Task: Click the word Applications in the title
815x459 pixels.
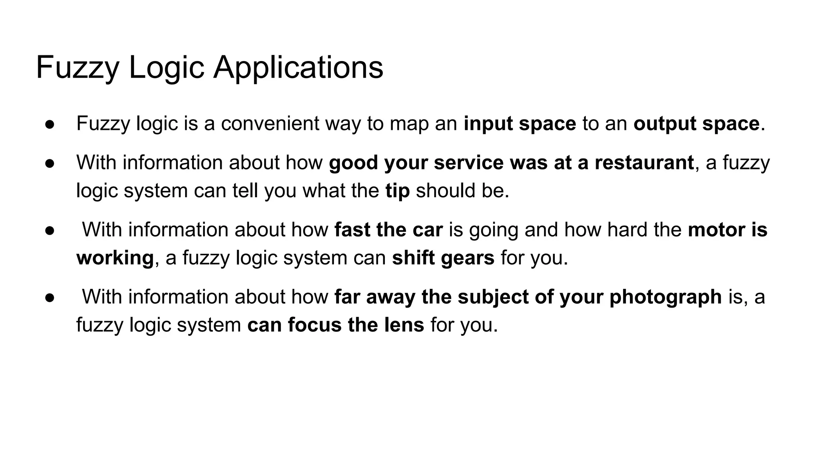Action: pos(298,68)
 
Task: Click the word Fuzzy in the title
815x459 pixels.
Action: pos(78,68)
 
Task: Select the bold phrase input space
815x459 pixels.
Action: pos(520,124)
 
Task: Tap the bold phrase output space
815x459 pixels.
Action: pos(696,124)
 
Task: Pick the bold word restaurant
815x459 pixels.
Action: pos(644,163)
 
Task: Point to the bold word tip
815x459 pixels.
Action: pos(397,190)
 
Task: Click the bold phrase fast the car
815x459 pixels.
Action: pos(388,230)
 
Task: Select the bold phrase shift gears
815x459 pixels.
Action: pos(443,258)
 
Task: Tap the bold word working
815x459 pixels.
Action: pos(115,258)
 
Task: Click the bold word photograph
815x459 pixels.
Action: pos(665,297)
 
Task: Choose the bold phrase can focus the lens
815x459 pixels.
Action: pos(335,325)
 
